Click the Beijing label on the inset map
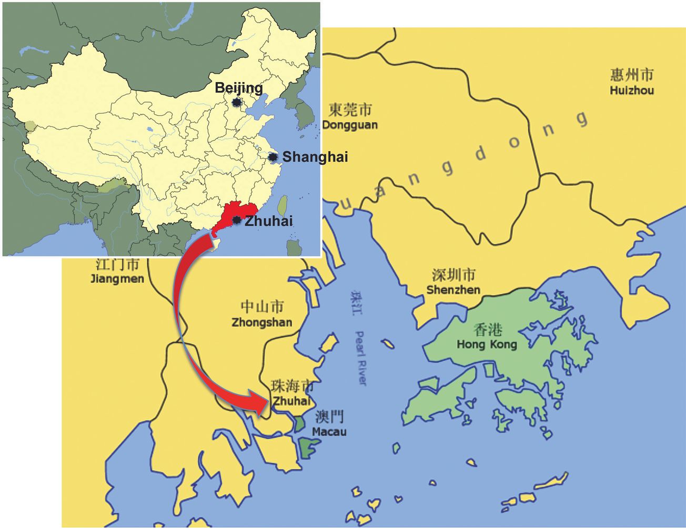pyautogui.click(x=238, y=87)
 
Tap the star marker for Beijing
pyautogui.click(x=237, y=102)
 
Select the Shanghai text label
pyautogui.click(x=315, y=157)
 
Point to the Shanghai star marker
pyautogui.click(x=273, y=157)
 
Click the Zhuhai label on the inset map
pyautogui.click(x=269, y=221)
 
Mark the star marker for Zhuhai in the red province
pyautogui.click(x=237, y=220)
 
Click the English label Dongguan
pyautogui.click(x=350, y=125)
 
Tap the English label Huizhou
pyautogui.click(x=632, y=91)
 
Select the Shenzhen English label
pyautogui.click(x=453, y=290)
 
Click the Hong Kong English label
pyautogui.click(x=487, y=345)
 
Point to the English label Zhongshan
pyautogui.click(x=262, y=322)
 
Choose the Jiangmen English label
pyautogui.click(x=117, y=278)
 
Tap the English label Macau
pyautogui.click(x=329, y=432)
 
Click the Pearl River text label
pyautogui.click(x=360, y=358)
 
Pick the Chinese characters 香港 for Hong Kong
pyautogui.click(x=488, y=330)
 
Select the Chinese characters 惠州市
pyautogui.click(x=632, y=75)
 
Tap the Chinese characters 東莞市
pyautogui.click(x=350, y=109)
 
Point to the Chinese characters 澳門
pyautogui.click(x=329, y=417)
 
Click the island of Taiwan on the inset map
pyautogui.click(x=283, y=206)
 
